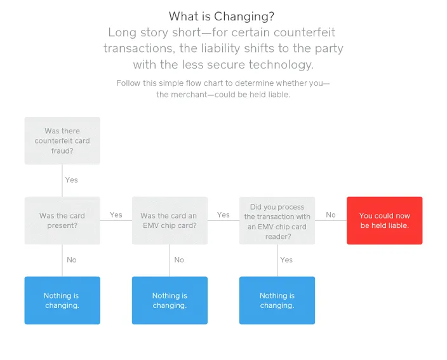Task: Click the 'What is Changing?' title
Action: [222, 17]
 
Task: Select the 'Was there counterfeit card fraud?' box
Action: [62, 140]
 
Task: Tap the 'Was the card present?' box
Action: [62, 220]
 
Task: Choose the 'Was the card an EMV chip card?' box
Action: [170, 220]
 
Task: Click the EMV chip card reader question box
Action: [277, 220]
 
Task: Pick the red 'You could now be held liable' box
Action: [385, 220]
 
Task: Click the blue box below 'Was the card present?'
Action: [62, 300]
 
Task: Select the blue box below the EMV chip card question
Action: [170, 300]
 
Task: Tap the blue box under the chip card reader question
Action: [277, 300]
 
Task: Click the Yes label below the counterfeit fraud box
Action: [72, 180]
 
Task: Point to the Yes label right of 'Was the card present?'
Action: [116, 215]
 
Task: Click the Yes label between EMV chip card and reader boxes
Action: [223, 215]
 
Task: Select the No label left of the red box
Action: [331, 215]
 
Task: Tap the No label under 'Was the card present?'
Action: [72, 260]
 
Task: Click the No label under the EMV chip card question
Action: [179, 260]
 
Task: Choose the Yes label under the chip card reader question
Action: [286, 260]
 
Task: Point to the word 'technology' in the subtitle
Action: [281, 65]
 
